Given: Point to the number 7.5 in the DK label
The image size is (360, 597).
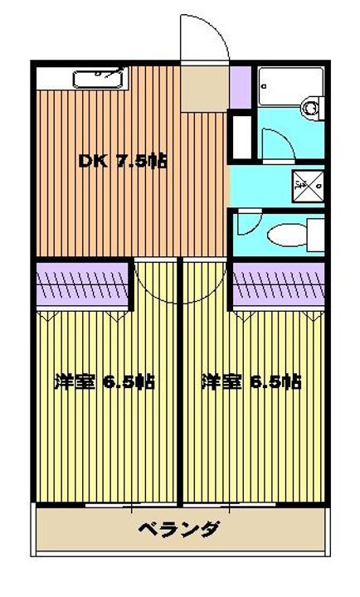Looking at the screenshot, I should pos(134,161).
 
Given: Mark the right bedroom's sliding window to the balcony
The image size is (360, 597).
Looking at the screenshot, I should pos(253,503).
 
